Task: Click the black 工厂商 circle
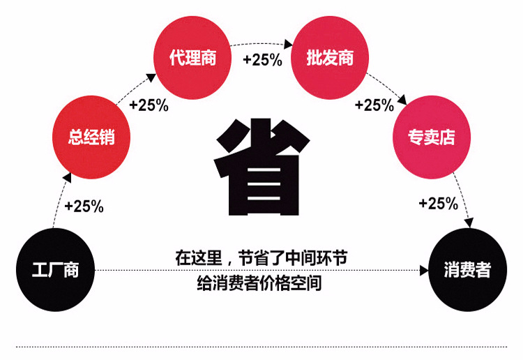(56, 269)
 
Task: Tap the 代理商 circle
(192, 57)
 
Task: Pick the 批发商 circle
(330, 57)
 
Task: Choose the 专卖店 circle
(432, 137)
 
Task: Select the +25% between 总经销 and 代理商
(149, 105)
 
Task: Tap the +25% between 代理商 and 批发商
(262, 60)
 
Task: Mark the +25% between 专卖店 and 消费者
(438, 204)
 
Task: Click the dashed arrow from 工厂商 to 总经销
(59, 202)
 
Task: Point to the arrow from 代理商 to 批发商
(261, 44)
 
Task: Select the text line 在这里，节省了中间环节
(261, 259)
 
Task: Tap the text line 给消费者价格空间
(260, 284)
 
